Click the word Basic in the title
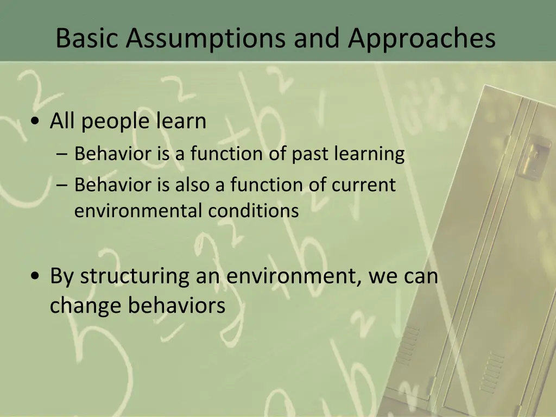click(x=86, y=37)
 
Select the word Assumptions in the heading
click(x=206, y=39)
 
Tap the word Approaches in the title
click(x=421, y=39)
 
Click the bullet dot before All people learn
click(x=35, y=121)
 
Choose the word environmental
click(x=138, y=211)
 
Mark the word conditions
click(x=253, y=211)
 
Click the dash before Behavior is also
click(x=61, y=185)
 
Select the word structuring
click(x=135, y=277)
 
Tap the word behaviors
click(x=176, y=305)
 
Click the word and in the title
click(x=317, y=37)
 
